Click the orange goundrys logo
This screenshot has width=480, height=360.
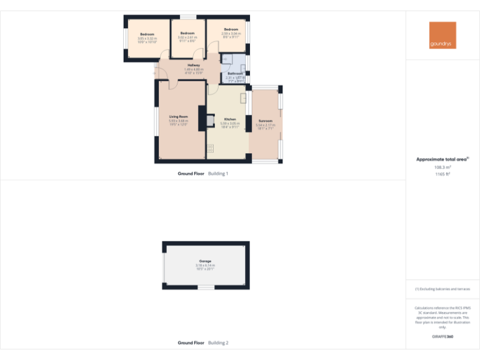click(x=442, y=36)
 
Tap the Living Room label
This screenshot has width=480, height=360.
click(x=178, y=116)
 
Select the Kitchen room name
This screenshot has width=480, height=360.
click(x=230, y=119)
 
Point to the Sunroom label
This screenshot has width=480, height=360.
click(x=265, y=121)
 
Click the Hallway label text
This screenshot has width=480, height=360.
click(x=194, y=66)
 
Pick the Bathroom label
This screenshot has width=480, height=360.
click(x=235, y=74)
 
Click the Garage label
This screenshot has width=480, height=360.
click(x=205, y=261)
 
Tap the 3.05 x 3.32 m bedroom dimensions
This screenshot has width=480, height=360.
click(x=147, y=38)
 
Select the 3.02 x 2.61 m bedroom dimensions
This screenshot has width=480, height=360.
click(x=187, y=37)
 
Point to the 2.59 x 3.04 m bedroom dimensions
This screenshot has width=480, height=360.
click(x=231, y=34)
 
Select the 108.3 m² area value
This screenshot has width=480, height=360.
click(x=442, y=167)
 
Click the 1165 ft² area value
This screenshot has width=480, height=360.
click(x=442, y=174)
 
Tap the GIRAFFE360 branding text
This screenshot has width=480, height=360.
click(x=442, y=337)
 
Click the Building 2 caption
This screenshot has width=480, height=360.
click(x=218, y=342)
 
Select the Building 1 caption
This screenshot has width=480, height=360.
click(x=218, y=173)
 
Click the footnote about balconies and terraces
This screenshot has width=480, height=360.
click(x=442, y=289)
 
